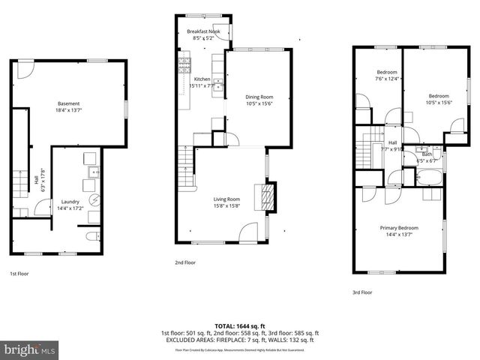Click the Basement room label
pyautogui.click(x=68, y=103)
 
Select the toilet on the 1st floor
pyautogui.click(x=91, y=236)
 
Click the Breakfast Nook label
pyautogui.click(x=203, y=31)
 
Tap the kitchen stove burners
pyautogui.click(x=184, y=63)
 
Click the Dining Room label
pyautogui.click(x=259, y=97)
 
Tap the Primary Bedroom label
pyautogui.click(x=398, y=227)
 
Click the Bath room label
pyautogui.click(x=427, y=154)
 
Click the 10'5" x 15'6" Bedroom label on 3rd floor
pyautogui.click(x=438, y=96)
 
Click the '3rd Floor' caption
pyautogui.click(x=361, y=292)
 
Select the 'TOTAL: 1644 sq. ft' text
pyautogui.click(x=240, y=326)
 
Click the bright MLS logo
pyautogui.click(x=30, y=349)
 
